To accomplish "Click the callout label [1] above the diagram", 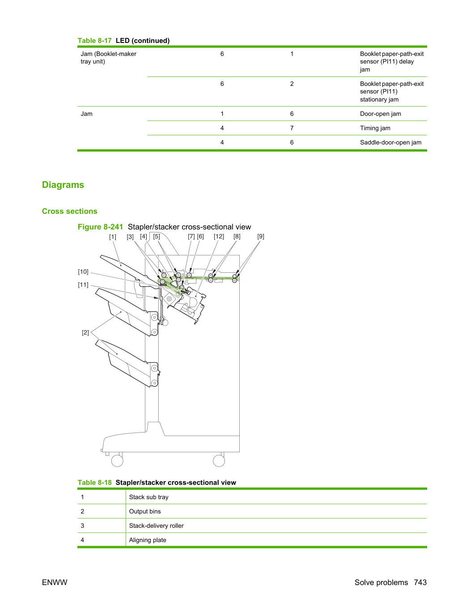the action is [112, 237].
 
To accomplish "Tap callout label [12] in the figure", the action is [219, 237].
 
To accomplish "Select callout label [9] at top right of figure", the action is [261, 237].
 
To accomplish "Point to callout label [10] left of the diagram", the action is [83, 272].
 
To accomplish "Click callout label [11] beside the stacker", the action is [83, 285].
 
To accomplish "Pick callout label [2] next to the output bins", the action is [85, 333].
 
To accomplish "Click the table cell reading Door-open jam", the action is [380, 114].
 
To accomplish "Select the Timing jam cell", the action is [375, 128].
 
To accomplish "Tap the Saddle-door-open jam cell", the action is [390, 142].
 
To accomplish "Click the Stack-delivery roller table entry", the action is [156, 526].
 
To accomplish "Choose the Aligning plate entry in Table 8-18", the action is [148, 540].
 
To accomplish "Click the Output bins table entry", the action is [145, 511].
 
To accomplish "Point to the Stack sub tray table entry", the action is [148, 497].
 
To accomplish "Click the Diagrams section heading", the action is [63, 185].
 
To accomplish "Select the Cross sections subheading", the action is [69, 211].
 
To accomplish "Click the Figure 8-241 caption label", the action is [100, 227].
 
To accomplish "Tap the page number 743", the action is [420, 582].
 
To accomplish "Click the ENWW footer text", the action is [55, 582].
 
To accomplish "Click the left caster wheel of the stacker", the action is [117, 461].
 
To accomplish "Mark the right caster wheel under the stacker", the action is [219, 461].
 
